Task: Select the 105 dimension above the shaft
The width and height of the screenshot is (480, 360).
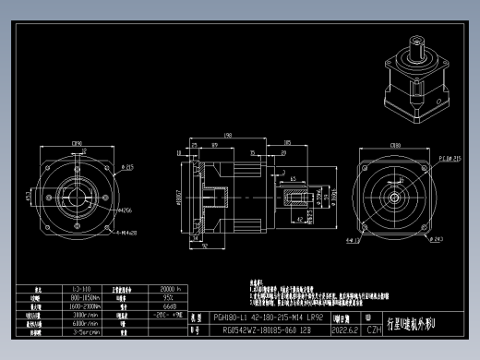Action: pos(288,143)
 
